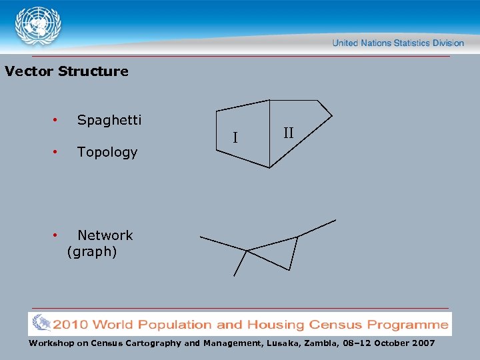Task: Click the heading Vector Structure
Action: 66,71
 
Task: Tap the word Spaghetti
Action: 109,120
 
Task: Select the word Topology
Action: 107,152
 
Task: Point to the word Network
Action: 105,235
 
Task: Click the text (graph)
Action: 92,251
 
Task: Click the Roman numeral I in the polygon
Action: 235,139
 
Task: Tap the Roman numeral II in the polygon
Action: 288,133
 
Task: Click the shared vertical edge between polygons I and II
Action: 269,133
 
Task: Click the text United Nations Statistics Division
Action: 398,43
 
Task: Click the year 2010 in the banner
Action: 71,325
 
